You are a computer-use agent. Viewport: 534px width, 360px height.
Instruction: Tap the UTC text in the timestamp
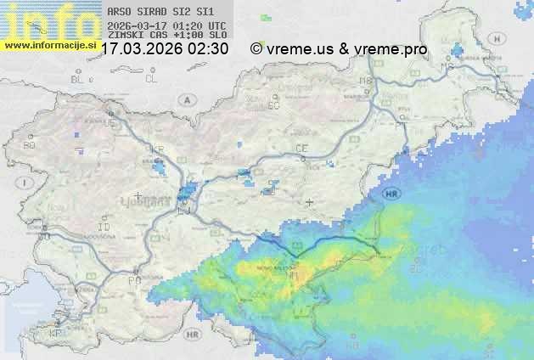tap(216, 25)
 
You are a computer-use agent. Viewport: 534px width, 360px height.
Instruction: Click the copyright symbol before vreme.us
tap(256, 49)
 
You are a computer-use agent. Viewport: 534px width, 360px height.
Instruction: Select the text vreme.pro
tap(391, 49)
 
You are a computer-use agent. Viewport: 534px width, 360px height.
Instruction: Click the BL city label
tap(79, 79)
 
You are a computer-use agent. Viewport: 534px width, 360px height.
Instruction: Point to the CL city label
tap(151, 79)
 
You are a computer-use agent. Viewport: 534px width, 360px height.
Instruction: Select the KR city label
tap(156, 149)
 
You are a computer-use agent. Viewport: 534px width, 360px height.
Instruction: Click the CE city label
tap(301, 149)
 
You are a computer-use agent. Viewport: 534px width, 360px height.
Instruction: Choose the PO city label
tap(133, 279)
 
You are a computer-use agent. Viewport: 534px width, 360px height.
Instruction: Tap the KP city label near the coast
tap(56, 333)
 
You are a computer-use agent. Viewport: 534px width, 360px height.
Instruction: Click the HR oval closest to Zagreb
tap(391, 194)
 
